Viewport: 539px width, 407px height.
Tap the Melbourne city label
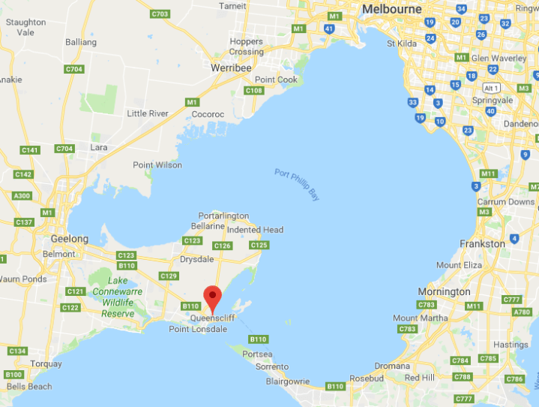pyautogui.click(x=394, y=9)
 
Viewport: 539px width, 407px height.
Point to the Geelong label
pyautogui.click(x=70, y=239)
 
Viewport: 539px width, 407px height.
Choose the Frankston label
pyautogui.click(x=484, y=244)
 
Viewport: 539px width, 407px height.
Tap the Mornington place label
pyautogui.click(x=444, y=291)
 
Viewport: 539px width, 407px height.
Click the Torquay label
pyautogui.click(x=46, y=364)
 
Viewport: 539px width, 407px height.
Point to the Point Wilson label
pyautogui.click(x=157, y=165)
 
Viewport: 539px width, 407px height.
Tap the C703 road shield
pyautogui.click(x=159, y=14)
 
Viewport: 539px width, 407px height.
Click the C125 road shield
pyautogui.click(x=259, y=246)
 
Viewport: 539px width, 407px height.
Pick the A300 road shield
pyautogui.click(x=23, y=196)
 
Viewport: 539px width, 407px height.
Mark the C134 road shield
pyautogui.click(x=16, y=351)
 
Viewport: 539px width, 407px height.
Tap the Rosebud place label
pyautogui.click(x=367, y=378)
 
